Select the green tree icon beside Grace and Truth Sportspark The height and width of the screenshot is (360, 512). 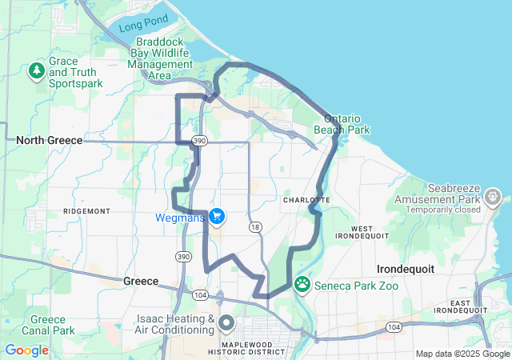(37, 72)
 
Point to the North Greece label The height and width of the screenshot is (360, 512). (50, 140)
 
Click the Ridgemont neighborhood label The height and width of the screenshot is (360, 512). (86, 210)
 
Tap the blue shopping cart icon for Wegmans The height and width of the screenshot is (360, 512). (217, 217)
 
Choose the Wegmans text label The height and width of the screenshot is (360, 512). (181, 217)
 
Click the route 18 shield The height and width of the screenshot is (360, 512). (255, 227)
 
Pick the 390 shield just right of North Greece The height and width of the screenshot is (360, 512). (200, 141)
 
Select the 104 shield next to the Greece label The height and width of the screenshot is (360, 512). (200, 294)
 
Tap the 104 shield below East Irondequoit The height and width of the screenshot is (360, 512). (393, 326)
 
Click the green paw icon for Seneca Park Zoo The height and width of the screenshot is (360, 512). (302, 283)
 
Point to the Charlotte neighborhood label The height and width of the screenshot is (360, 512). (306, 199)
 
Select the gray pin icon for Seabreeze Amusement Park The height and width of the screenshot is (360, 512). (493, 195)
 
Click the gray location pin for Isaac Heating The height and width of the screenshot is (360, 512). (226, 323)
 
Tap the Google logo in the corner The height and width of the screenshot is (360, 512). (27, 350)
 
